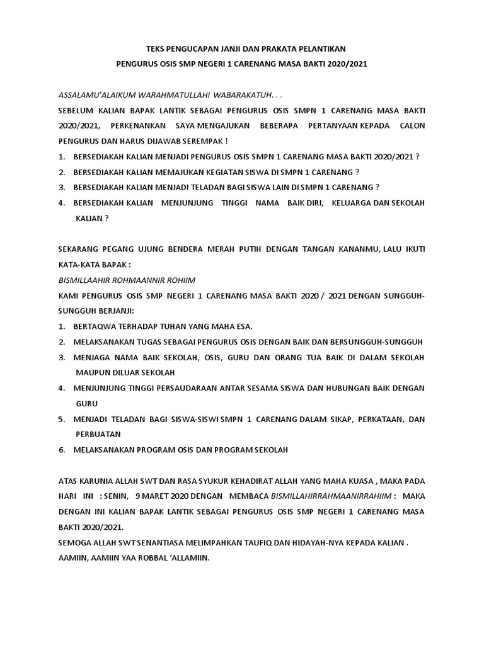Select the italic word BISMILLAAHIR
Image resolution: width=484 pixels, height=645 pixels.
(88, 280)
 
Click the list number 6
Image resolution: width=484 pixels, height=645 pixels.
(62, 450)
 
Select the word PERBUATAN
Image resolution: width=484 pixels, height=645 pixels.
(98, 435)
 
